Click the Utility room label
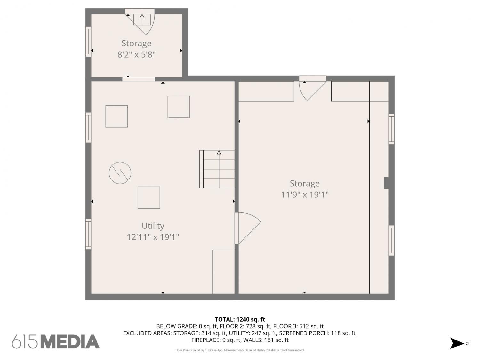click(x=153, y=226)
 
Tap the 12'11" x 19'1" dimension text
click(x=153, y=237)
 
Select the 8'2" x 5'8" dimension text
click(x=136, y=54)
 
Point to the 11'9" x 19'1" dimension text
click(x=305, y=195)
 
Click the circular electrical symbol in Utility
click(x=120, y=173)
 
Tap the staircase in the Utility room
click(x=217, y=169)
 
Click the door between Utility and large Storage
click(x=248, y=228)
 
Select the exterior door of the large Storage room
click(x=313, y=88)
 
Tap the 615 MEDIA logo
click(x=56, y=342)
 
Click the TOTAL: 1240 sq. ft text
click(x=240, y=319)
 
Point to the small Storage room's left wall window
click(x=88, y=42)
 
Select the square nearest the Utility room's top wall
click(x=179, y=107)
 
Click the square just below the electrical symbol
click(x=149, y=197)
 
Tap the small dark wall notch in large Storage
click(x=387, y=183)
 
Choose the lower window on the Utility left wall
click(x=88, y=234)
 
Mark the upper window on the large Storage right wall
click(x=391, y=129)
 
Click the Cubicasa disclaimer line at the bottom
click(x=240, y=350)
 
